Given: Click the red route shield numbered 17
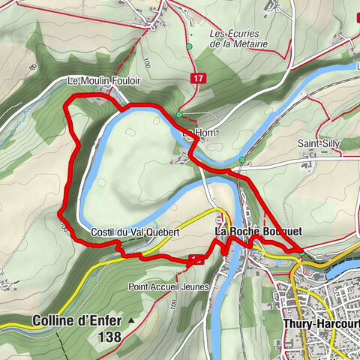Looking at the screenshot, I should click(197, 77).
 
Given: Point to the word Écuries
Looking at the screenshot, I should click(239, 33).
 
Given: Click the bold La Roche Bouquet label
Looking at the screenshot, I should click(258, 232).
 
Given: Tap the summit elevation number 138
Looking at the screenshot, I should click(109, 337).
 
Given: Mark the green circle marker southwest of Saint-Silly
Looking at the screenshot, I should click(241, 160).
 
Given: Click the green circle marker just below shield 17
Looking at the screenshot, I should click(179, 114).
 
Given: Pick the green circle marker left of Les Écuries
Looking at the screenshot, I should click(191, 46).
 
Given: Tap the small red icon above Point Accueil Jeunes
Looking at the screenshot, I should click(196, 259).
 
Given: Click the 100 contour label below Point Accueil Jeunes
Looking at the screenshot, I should click(173, 305).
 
